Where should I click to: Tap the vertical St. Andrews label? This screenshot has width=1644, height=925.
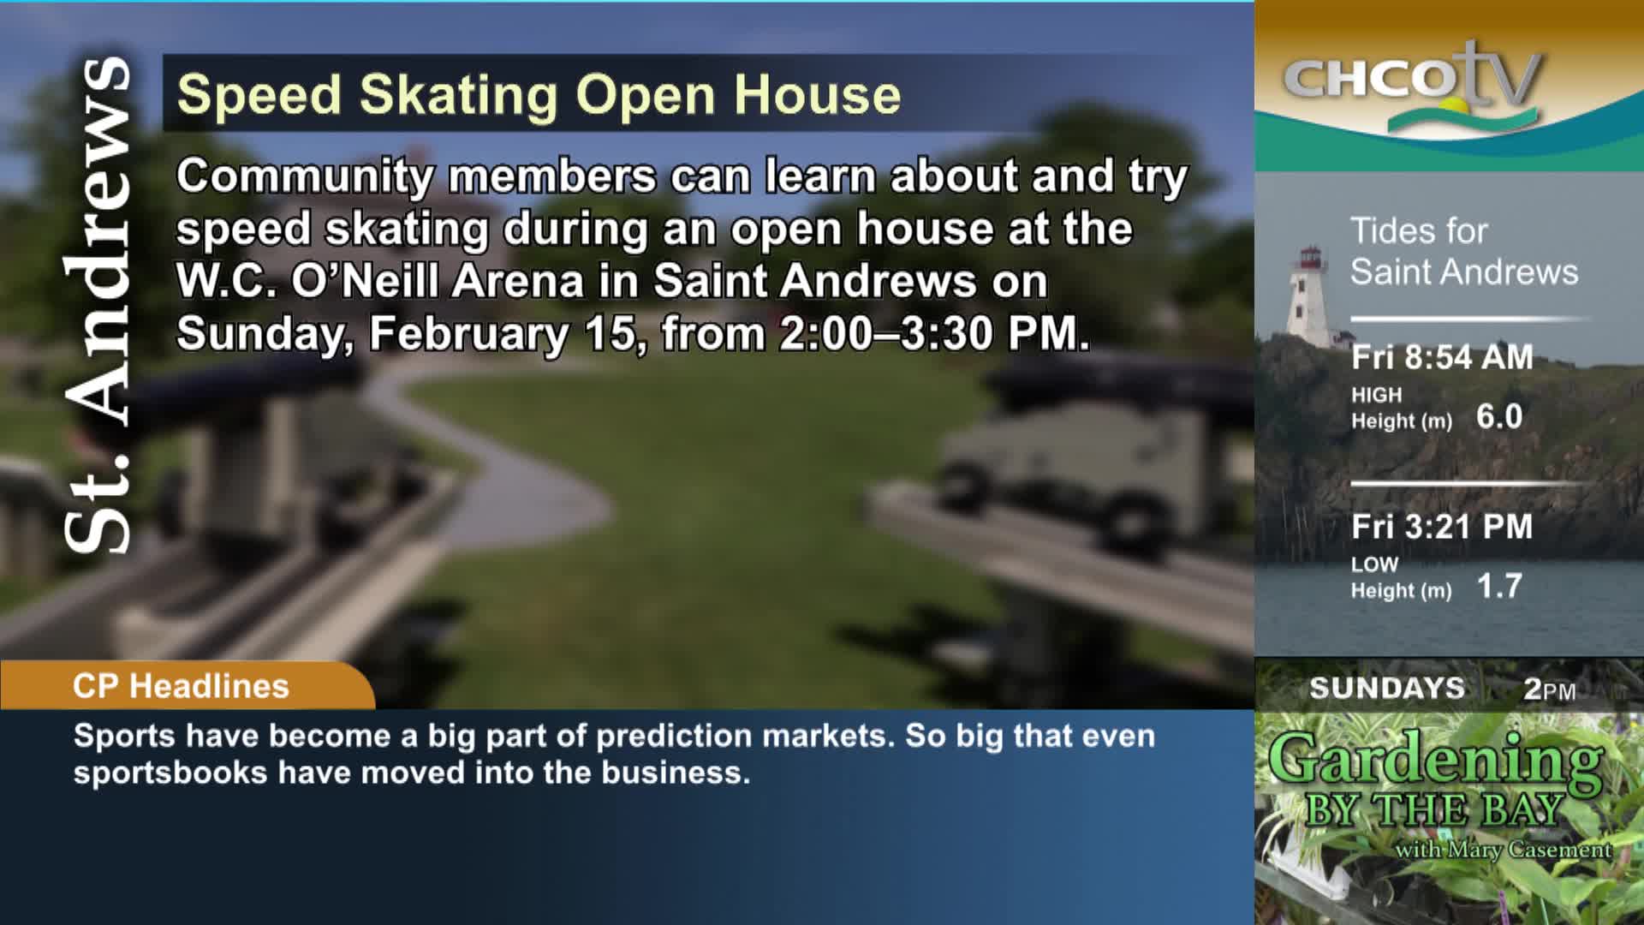click(98, 304)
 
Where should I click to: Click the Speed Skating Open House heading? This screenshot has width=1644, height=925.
click(539, 94)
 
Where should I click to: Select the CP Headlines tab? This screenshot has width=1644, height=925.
click(181, 686)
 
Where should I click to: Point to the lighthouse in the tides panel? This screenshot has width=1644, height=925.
click(1307, 295)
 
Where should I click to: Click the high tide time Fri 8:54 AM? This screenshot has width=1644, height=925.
click(1442, 357)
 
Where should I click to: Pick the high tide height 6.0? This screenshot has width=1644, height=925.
click(1499, 417)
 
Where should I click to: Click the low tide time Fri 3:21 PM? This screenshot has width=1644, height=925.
click(1442, 527)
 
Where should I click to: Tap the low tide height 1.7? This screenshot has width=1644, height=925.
click(1499, 587)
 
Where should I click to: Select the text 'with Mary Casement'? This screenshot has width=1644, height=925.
click(1504, 850)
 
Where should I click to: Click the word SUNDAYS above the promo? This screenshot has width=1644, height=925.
click(1387, 688)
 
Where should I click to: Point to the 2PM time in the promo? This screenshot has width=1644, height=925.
click(1550, 689)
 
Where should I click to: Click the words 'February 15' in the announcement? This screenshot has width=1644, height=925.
click(502, 333)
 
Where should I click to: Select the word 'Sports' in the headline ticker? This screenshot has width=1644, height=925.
click(125, 737)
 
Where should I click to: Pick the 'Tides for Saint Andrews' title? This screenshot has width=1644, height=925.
click(1464, 251)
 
